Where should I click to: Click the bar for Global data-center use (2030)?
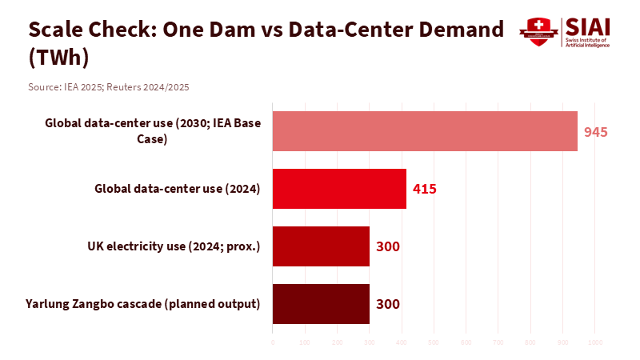coord(425,131)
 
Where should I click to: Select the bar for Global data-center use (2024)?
coord(339,189)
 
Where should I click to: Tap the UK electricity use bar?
coord(321,246)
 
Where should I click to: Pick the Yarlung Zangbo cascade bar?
coord(321,304)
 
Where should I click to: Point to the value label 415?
coord(424,190)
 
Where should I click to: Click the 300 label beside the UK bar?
coord(387,246)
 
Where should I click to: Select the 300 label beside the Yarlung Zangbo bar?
coord(387,304)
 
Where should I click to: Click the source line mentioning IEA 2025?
coord(109,86)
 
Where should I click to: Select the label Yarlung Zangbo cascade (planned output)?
coord(143,304)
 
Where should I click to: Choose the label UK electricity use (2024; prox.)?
coord(174,246)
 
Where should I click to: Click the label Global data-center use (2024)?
coord(178,189)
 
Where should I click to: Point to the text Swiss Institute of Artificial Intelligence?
coord(588,42)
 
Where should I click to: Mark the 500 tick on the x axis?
coord(434,342)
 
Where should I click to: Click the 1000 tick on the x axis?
coord(595,342)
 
